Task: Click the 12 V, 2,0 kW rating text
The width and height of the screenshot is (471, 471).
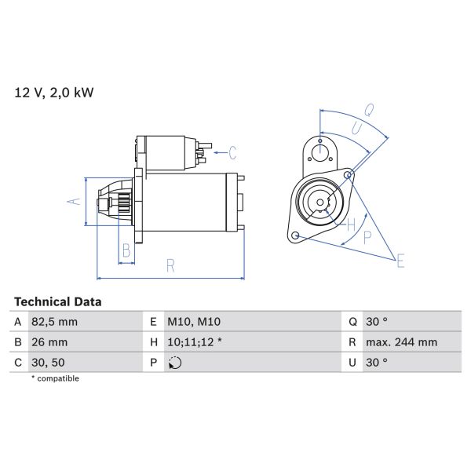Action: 54,93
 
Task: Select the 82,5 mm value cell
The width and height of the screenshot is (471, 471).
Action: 55,322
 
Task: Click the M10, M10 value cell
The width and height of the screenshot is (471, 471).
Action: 193,322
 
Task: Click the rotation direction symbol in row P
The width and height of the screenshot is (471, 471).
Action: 175,363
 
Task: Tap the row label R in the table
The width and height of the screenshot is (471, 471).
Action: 352,342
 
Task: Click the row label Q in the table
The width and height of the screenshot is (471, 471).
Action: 352,322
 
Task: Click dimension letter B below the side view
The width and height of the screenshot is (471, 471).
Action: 125,251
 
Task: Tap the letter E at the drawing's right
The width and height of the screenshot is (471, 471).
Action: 400,261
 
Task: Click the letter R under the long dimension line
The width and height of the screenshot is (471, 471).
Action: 170,266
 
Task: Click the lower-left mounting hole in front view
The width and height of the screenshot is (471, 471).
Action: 294,235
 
